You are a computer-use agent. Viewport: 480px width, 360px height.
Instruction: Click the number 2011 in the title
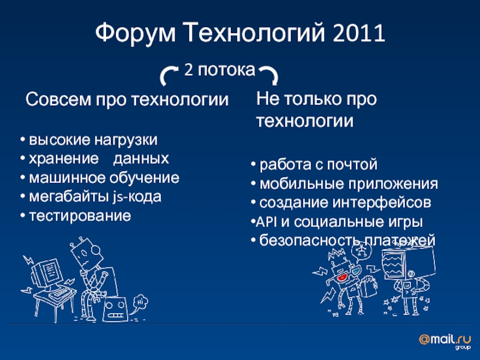pos(358,33)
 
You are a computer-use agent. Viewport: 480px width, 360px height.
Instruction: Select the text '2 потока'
pos(220,70)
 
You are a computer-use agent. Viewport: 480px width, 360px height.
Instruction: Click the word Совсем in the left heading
pos(58,100)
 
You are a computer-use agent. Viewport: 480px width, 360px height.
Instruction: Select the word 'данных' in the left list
pos(141,158)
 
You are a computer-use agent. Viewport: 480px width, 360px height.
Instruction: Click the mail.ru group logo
pos(445,341)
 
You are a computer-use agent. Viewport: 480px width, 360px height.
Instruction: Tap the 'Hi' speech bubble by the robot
pos(140,302)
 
